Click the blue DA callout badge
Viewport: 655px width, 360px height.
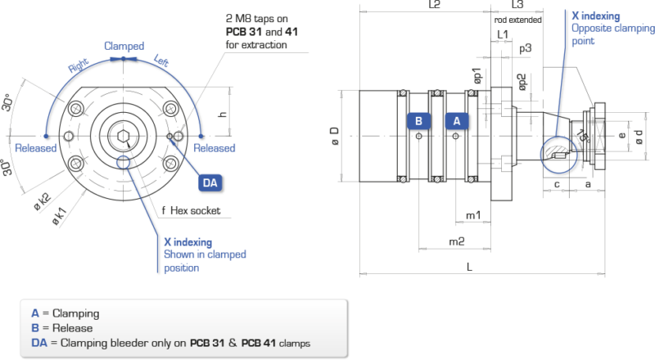(210, 183)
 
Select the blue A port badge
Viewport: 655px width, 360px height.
(457, 121)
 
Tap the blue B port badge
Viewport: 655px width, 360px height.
(418, 121)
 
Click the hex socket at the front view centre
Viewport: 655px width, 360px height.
(124, 136)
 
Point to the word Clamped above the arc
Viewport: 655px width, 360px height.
(124, 46)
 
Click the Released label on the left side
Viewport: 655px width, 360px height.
(35, 148)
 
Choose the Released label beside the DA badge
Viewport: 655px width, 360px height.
(215, 148)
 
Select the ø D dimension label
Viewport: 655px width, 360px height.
(335, 136)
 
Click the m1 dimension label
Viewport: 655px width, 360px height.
(473, 215)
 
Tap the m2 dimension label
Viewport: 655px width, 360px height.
(457, 241)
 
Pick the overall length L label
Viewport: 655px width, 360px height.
(469, 267)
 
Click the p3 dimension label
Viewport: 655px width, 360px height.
(526, 49)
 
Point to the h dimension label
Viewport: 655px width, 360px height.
(223, 114)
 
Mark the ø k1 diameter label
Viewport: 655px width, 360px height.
(59, 216)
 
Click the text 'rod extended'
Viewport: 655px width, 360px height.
(518, 20)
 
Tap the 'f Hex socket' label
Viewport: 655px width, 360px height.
(191, 210)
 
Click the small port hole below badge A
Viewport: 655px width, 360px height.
(456, 136)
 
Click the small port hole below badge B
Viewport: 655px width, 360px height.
(419, 136)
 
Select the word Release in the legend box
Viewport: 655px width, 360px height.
(72, 328)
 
